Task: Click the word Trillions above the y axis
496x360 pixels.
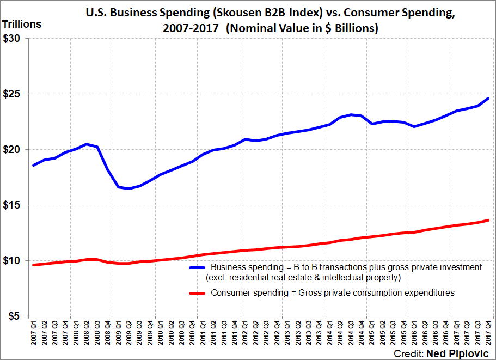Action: pyautogui.click(x=22, y=25)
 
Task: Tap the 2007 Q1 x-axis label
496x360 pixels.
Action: pyautogui.click(x=34, y=334)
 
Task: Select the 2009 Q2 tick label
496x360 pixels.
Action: pyautogui.click(x=129, y=334)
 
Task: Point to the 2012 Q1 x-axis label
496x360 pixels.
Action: pyautogui.click(x=246, y=334)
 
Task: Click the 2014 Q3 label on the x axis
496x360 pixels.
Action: pyautogui.click(x=351, y=334)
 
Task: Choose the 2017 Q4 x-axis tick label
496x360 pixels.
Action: pyautogui.click(x=489, y=334)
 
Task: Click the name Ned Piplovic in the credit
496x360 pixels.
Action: pyautogui.click(x=464, y=353)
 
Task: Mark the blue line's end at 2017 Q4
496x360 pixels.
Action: pyautogui.click(x=489, y=98)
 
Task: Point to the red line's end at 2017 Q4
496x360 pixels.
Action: pyautogui.click(x=489, y=220)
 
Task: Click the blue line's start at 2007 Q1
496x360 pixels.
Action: pyautogui.click(x=33, y=165)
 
